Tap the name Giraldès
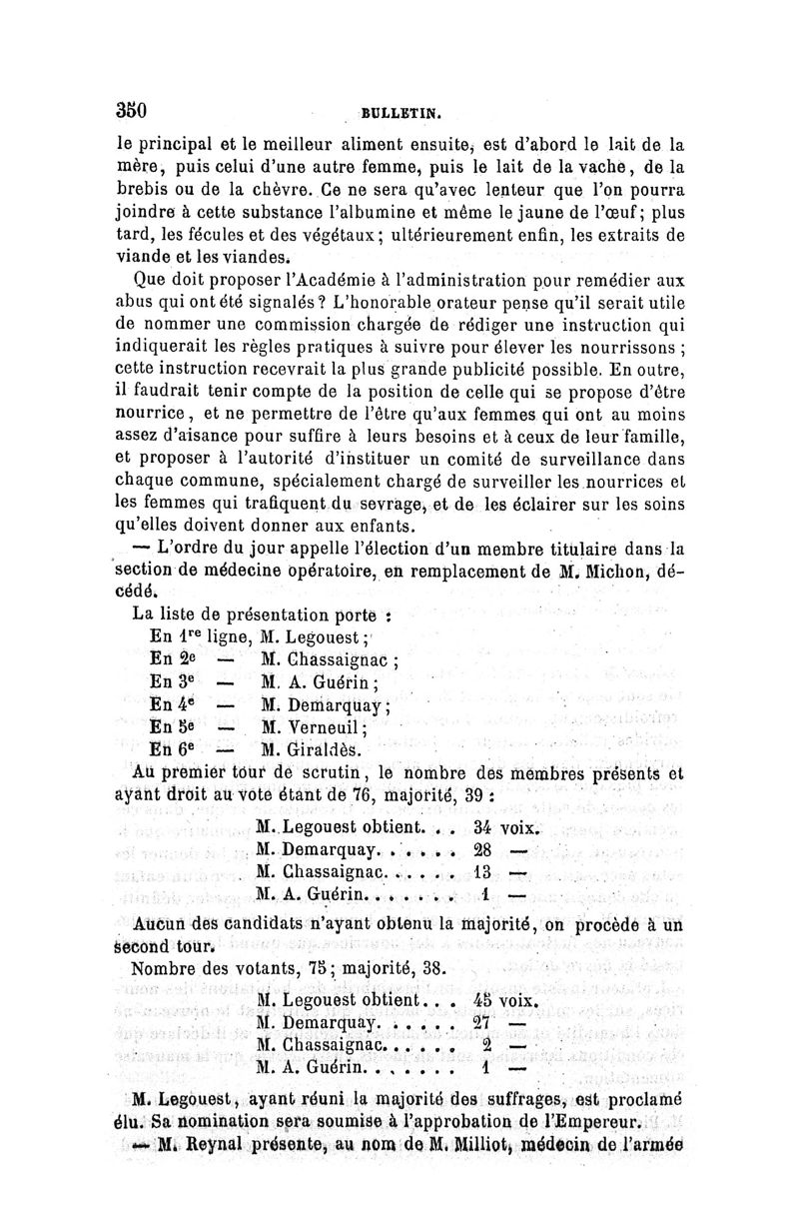[306, 749]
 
